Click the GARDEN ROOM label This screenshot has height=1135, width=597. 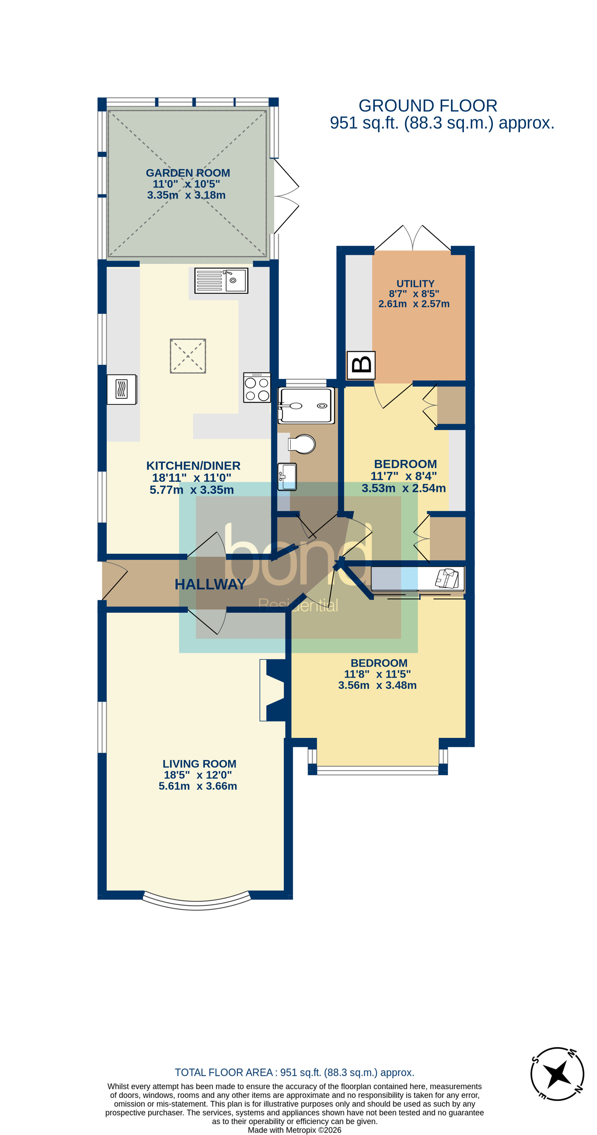point(188,173)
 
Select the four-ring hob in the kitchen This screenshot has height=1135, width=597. point(257,387)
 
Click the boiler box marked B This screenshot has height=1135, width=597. point(361,365)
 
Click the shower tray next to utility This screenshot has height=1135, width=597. point(306,405)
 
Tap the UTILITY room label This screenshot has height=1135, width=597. point(415,283)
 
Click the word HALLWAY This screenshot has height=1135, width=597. point(210,584)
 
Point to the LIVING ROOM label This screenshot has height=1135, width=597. point(199,764)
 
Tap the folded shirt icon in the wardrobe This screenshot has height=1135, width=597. point(447,578)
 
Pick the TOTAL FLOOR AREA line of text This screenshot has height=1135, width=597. point(294,1072)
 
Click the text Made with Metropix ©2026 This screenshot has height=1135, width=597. point(294,1130)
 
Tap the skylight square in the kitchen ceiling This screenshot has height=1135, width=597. point(188,355)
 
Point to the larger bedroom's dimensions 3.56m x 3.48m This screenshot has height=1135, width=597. point(377,685)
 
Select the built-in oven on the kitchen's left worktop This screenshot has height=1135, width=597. point(122,389)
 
